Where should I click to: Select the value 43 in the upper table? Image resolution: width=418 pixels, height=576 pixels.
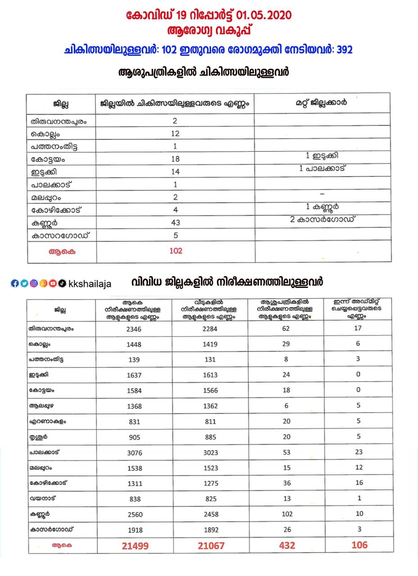175,222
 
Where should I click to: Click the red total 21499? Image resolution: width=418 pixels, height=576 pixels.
135,545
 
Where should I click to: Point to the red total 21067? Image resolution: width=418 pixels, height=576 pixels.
211,545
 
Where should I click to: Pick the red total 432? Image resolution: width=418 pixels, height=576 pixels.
287,545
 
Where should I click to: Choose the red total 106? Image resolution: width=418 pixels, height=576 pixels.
359,544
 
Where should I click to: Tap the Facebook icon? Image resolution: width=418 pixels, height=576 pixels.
15,283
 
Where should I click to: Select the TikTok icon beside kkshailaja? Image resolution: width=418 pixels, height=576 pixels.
63,283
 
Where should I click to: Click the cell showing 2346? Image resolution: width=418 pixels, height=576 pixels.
134,329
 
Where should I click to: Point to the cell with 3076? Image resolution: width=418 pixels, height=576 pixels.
134,453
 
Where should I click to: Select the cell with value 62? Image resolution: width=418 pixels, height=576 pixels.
287,328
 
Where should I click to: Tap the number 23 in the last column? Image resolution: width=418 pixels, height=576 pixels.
359,452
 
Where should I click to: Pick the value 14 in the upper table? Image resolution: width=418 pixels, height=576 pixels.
175,171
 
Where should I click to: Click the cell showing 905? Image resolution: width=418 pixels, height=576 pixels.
134,437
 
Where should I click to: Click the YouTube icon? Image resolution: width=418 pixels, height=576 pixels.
53,283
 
